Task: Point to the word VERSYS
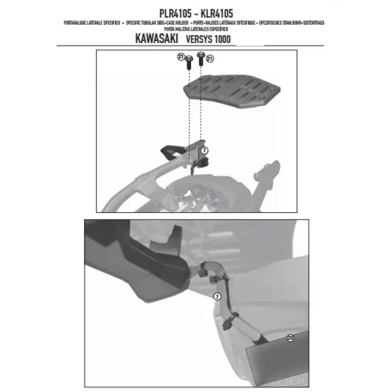(201, 40)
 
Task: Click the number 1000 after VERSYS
(222, 40)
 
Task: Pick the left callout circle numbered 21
(181, 57)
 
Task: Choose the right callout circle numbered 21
(210, 58)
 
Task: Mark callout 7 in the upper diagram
(204, 150)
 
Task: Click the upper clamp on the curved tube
(216, 276)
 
